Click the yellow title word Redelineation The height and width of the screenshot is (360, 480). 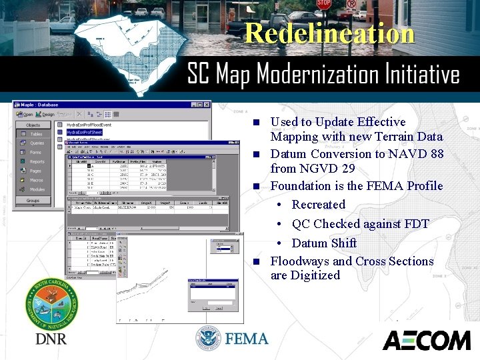[x=329, y=33]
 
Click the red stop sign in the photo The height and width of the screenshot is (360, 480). [x=323, y=4]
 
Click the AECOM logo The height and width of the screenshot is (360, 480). [x=426, y=340]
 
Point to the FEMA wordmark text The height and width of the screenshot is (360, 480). [x=247, y=339]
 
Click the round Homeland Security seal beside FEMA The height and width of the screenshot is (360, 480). [x=208, y=339]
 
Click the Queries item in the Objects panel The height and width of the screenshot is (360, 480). [x=36, y=143]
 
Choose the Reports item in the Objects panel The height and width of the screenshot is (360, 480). [x=37, y=161]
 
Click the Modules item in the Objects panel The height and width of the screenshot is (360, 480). [x=37, y=189]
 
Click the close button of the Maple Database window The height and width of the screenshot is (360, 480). [x=205, y=105]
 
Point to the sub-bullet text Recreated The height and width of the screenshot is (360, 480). [x=318, y=205]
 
